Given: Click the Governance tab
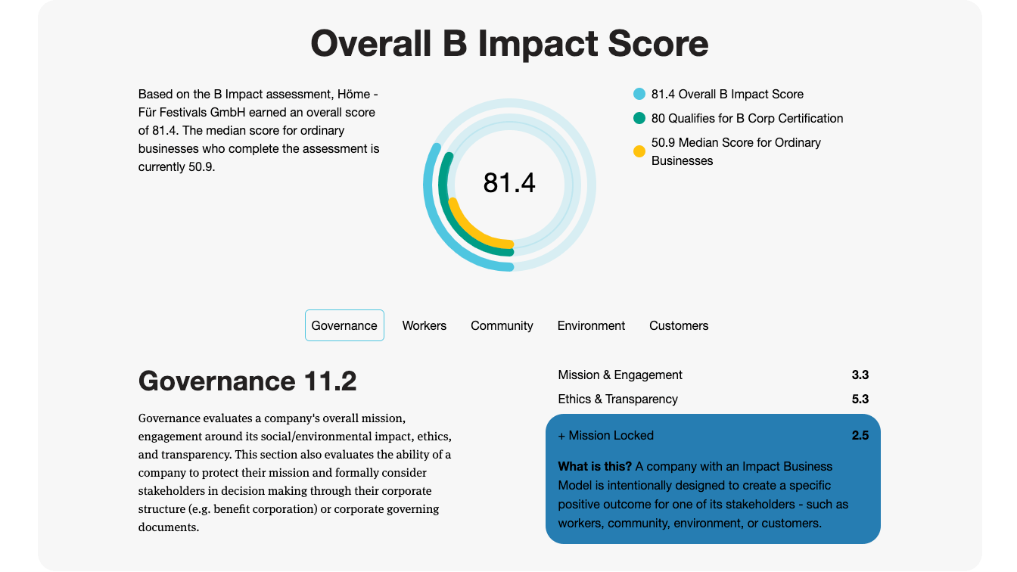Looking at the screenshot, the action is tap(344, 325).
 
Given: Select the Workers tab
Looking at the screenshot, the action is tap(424, 325).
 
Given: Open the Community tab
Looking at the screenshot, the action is tap(502, 326).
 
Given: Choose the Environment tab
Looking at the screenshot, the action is tap(591, 325).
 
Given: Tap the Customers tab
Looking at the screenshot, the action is tap(679, 325).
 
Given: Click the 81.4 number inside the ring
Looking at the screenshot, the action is tap(509, 183).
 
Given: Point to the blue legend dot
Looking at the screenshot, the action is tap(639, 94).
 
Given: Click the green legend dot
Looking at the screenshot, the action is tap(639, 118).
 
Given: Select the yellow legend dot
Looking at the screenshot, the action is tap(639, 151).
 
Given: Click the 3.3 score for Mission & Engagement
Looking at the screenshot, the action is tap(860, 375).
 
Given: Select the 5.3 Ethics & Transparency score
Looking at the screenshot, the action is tap(860, 399).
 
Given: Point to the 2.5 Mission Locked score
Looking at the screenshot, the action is tap(860, 435).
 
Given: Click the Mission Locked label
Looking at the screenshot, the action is tap(611, 435).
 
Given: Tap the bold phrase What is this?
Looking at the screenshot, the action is tap(595, 466).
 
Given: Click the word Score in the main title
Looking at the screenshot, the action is tap(658, 44).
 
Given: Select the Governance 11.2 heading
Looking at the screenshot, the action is tap(247, 381).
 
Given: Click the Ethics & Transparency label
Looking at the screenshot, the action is tap(617, 399).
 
